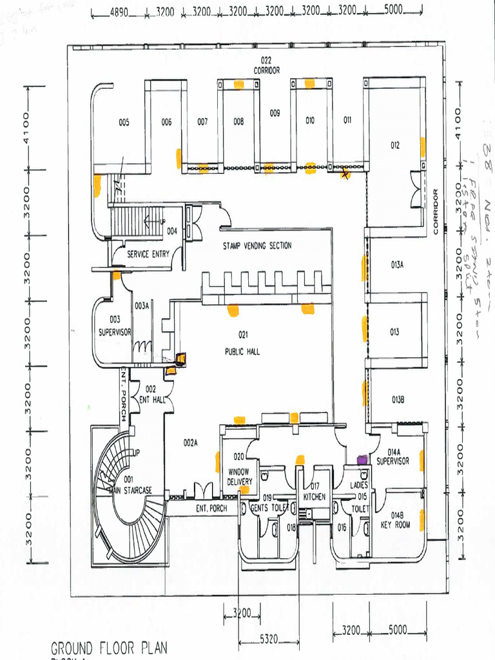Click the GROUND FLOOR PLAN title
pos(109,647)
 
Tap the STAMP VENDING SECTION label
pos(257,246)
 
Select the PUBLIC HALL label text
pos(242,352)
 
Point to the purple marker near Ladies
pos(362,460)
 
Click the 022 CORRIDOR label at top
pos(266,66)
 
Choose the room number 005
pos(124,122)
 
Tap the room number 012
pos(394,146)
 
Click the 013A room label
pos(397,264)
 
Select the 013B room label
pos(398,400)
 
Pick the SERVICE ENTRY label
pos(148,254)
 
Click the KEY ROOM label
pos(395,524)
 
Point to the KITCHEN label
pos(315,496)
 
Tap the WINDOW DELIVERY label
pos(240,477)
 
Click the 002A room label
pos(190,443)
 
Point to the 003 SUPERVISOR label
pos(115,326)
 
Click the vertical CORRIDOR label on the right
pos(436,211)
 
